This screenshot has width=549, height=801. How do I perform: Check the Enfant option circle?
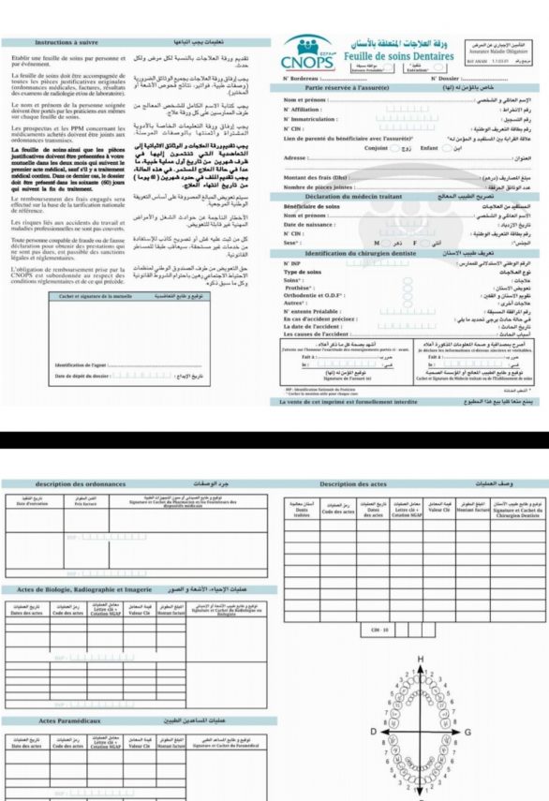[x=446, y=148]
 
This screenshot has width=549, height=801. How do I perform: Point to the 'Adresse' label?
[x=296, y=158]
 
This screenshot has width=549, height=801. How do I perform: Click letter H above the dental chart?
[x=420, y=660]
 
